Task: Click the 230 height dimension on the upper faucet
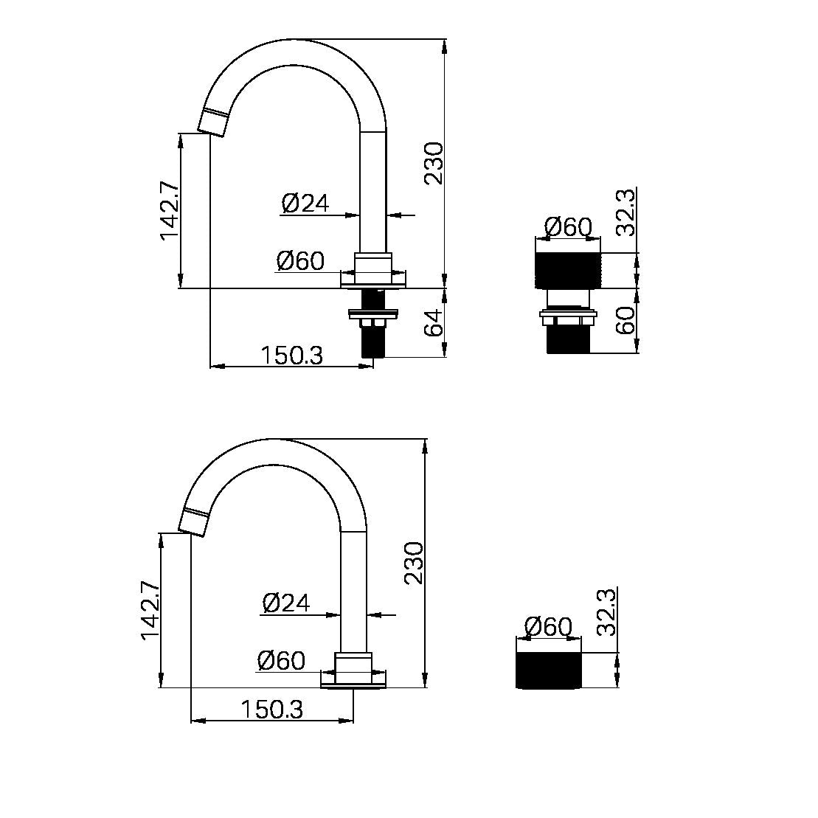click(x=434, y=163)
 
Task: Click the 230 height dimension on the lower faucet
click(x=415, y=563)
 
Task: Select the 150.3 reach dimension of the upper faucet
click(x=291, y=356)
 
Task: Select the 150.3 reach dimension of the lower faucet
click(x=271, y=710)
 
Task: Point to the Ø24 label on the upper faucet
click(x=305, y=203)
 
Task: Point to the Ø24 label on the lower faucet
click(x=286, y=603)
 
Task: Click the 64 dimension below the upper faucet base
click(x=435, y=323)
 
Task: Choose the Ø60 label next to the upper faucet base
click(x=300, y=260)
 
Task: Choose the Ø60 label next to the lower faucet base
click(x=281, y=660)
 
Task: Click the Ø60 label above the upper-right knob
click(x=568, y=227)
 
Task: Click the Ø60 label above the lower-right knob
click(x=548, y=627)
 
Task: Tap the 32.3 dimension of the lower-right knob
click(x=606, y=611)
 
